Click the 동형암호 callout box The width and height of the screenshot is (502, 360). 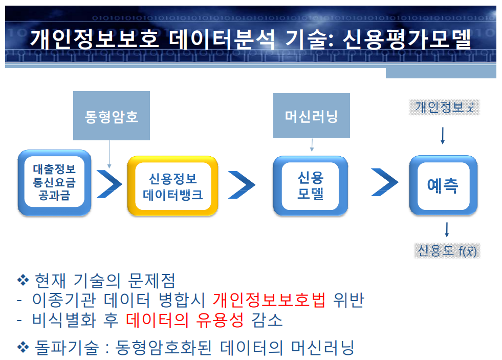[112, 116]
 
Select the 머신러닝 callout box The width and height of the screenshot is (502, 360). [311, 116]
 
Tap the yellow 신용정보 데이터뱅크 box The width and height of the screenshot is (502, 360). [173, 186]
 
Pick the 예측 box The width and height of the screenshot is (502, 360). [443, 185]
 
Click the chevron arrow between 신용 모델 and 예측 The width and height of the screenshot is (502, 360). [384, 182]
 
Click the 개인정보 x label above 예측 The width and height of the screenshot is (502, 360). [443, 107]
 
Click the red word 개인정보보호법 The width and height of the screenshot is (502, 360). [269, 300]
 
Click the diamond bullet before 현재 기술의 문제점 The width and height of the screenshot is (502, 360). [22, 280]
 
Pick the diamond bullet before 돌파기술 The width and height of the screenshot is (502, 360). [22, 348]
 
